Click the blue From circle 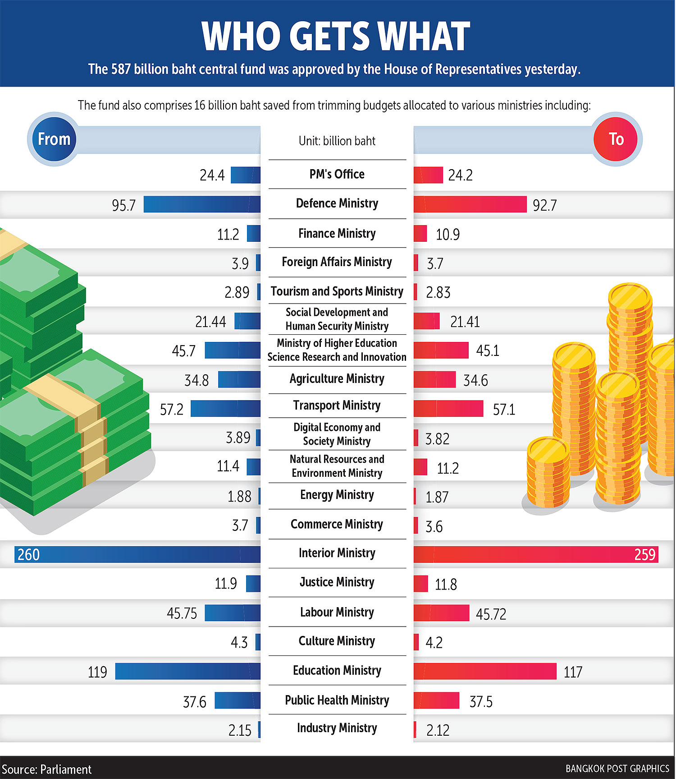(54, 139)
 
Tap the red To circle (616, 139)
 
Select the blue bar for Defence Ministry (202, 204)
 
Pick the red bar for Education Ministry (485, 671)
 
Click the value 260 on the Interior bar (28, 554)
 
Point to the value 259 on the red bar (644, 554)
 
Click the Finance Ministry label (337, 234)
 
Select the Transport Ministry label (337, 406)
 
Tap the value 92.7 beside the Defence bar (544, 205)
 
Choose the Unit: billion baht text (337, 141)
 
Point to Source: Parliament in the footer (46, 769)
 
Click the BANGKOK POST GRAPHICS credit (617, 769)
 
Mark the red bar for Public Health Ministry (436, 701)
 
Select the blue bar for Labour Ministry (233, 613)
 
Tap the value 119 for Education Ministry (97, 672)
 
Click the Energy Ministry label (337, 495)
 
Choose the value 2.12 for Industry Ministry (438, 730)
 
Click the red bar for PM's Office (428, 175)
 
